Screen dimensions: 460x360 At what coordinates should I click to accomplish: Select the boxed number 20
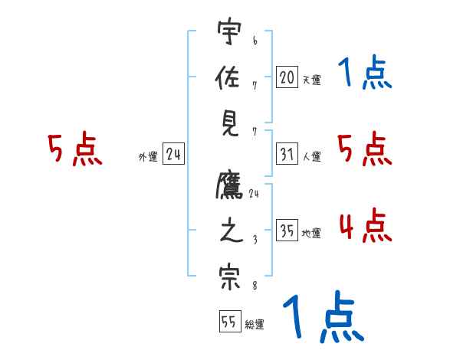(x=287, y=77)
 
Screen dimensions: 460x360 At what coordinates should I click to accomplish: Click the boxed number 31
(x=287, y=155)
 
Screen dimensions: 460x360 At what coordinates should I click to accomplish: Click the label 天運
(x=311, y=80)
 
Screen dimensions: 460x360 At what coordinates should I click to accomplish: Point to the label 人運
(x=311, y=157)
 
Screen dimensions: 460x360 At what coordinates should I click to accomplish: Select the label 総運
(x=255, y=325)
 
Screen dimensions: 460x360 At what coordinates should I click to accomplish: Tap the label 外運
(x=147, y=157)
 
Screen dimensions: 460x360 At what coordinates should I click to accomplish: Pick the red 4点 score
(x=365, y=225)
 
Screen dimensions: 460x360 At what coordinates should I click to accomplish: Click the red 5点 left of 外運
(x=74, y=149)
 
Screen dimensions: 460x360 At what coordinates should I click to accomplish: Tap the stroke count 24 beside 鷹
(x=254, y=194)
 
